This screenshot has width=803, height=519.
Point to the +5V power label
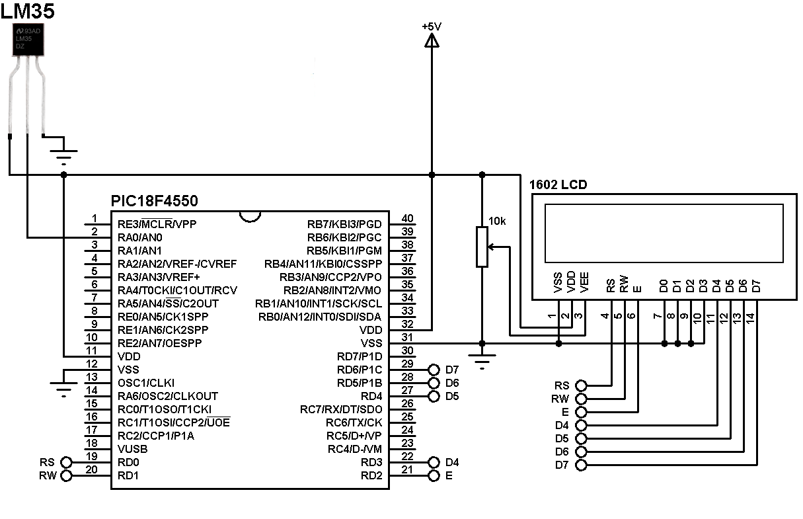click(431, 26)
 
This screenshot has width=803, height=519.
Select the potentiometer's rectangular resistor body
click(482, 247)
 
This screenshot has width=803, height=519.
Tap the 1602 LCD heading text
click(558, 185)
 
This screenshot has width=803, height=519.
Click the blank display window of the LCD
click(664, 233)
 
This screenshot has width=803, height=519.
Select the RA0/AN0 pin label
click(139, 237)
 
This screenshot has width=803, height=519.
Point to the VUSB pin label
click(132, 449)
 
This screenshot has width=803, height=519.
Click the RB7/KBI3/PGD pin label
click(344, 224)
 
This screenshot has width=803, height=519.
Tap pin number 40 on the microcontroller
click(407, 219)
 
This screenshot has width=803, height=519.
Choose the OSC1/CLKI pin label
click(145, 383)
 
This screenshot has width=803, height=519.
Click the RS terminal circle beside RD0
click(66, 462)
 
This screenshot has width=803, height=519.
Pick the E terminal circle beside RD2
click(434, 475)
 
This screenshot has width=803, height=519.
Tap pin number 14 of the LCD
click(750, 317)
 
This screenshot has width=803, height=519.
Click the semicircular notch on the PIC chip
click(250, 217)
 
